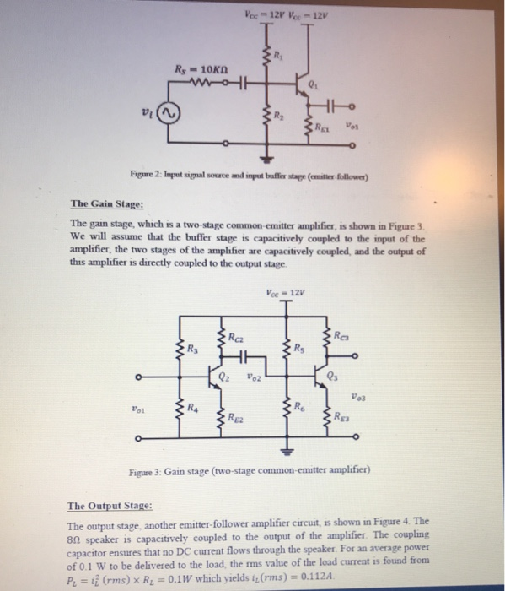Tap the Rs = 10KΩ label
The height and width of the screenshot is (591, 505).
[198, 68]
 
